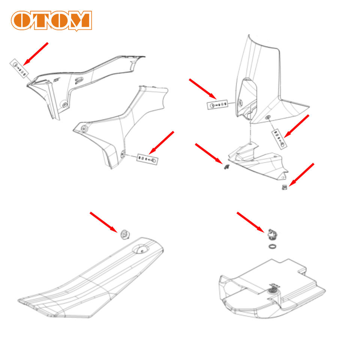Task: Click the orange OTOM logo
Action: (51, 21)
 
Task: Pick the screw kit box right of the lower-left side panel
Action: (147, 159)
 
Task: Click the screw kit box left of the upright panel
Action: (217, 105)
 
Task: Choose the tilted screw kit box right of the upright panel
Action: (279, 138)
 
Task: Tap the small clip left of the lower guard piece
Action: (226, 167)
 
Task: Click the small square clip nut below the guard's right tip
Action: (284, 187)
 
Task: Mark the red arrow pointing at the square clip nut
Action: (301, 174)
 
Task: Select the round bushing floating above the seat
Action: (124, 235)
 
